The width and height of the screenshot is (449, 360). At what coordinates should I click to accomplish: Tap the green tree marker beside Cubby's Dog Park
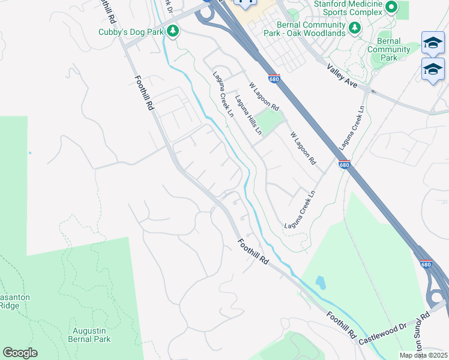pyautogui.click(x=173, y=30)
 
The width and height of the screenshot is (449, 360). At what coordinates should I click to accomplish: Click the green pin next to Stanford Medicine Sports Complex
pyautogui.click(x=392, y=8)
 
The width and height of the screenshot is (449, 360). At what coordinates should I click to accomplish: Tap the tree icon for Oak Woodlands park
pyautogui.click(x=354, y=27)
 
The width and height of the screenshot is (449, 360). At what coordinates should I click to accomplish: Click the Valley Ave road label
pyautogui.click(x=343, y=78)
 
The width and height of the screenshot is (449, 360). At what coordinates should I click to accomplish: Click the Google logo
pyautogui.click(x=20, y=353)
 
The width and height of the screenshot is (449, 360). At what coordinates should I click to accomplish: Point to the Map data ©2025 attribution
pyautogui.click(x=423, y=355)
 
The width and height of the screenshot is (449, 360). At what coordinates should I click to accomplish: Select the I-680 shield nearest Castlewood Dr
pyautogui.click(x=426, y=264)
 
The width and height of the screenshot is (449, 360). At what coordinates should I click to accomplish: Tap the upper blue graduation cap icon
pyautogui.click(x=433, y=43)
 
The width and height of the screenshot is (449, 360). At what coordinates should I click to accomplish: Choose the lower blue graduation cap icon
pyautogui.click(x=433, y=69)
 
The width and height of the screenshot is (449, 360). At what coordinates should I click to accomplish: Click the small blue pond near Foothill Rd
pyautogui.click(x=320, y=283)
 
